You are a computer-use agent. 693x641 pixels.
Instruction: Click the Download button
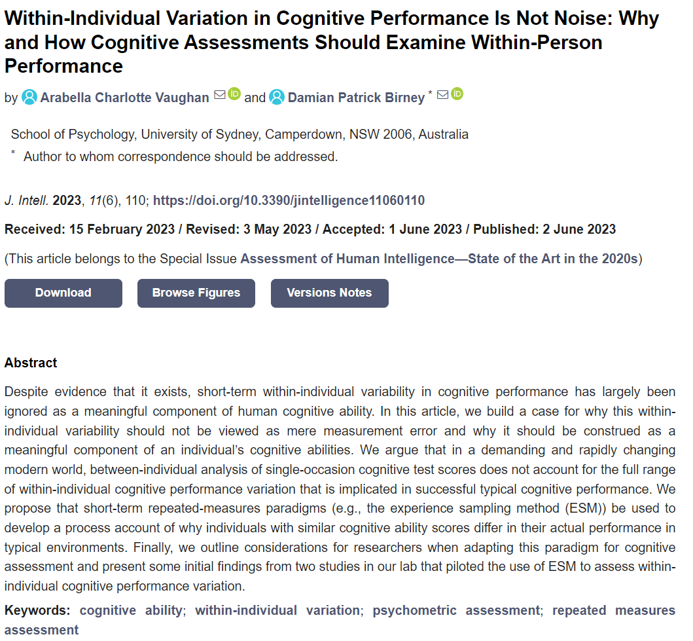[63, 293]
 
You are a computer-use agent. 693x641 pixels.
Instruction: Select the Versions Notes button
[329, 293]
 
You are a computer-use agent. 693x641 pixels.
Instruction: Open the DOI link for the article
[289, 200]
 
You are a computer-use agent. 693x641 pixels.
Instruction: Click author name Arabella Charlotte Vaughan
[124, 98]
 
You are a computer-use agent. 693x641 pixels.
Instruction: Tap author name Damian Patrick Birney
[356, 98]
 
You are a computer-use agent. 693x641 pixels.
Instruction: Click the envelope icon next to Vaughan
[220, 95]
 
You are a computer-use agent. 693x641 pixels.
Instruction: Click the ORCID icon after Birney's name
[457, 94]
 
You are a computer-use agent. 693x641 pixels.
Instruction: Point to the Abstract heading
[31, 363]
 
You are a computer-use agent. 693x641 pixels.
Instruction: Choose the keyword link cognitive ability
[131, 610]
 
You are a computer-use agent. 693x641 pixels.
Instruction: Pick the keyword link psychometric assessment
[456, 610]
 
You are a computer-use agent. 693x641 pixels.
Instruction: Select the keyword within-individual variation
[277, 610]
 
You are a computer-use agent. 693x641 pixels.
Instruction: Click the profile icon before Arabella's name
[29, 98]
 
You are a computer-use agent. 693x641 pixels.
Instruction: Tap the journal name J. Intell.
[26, 200]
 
